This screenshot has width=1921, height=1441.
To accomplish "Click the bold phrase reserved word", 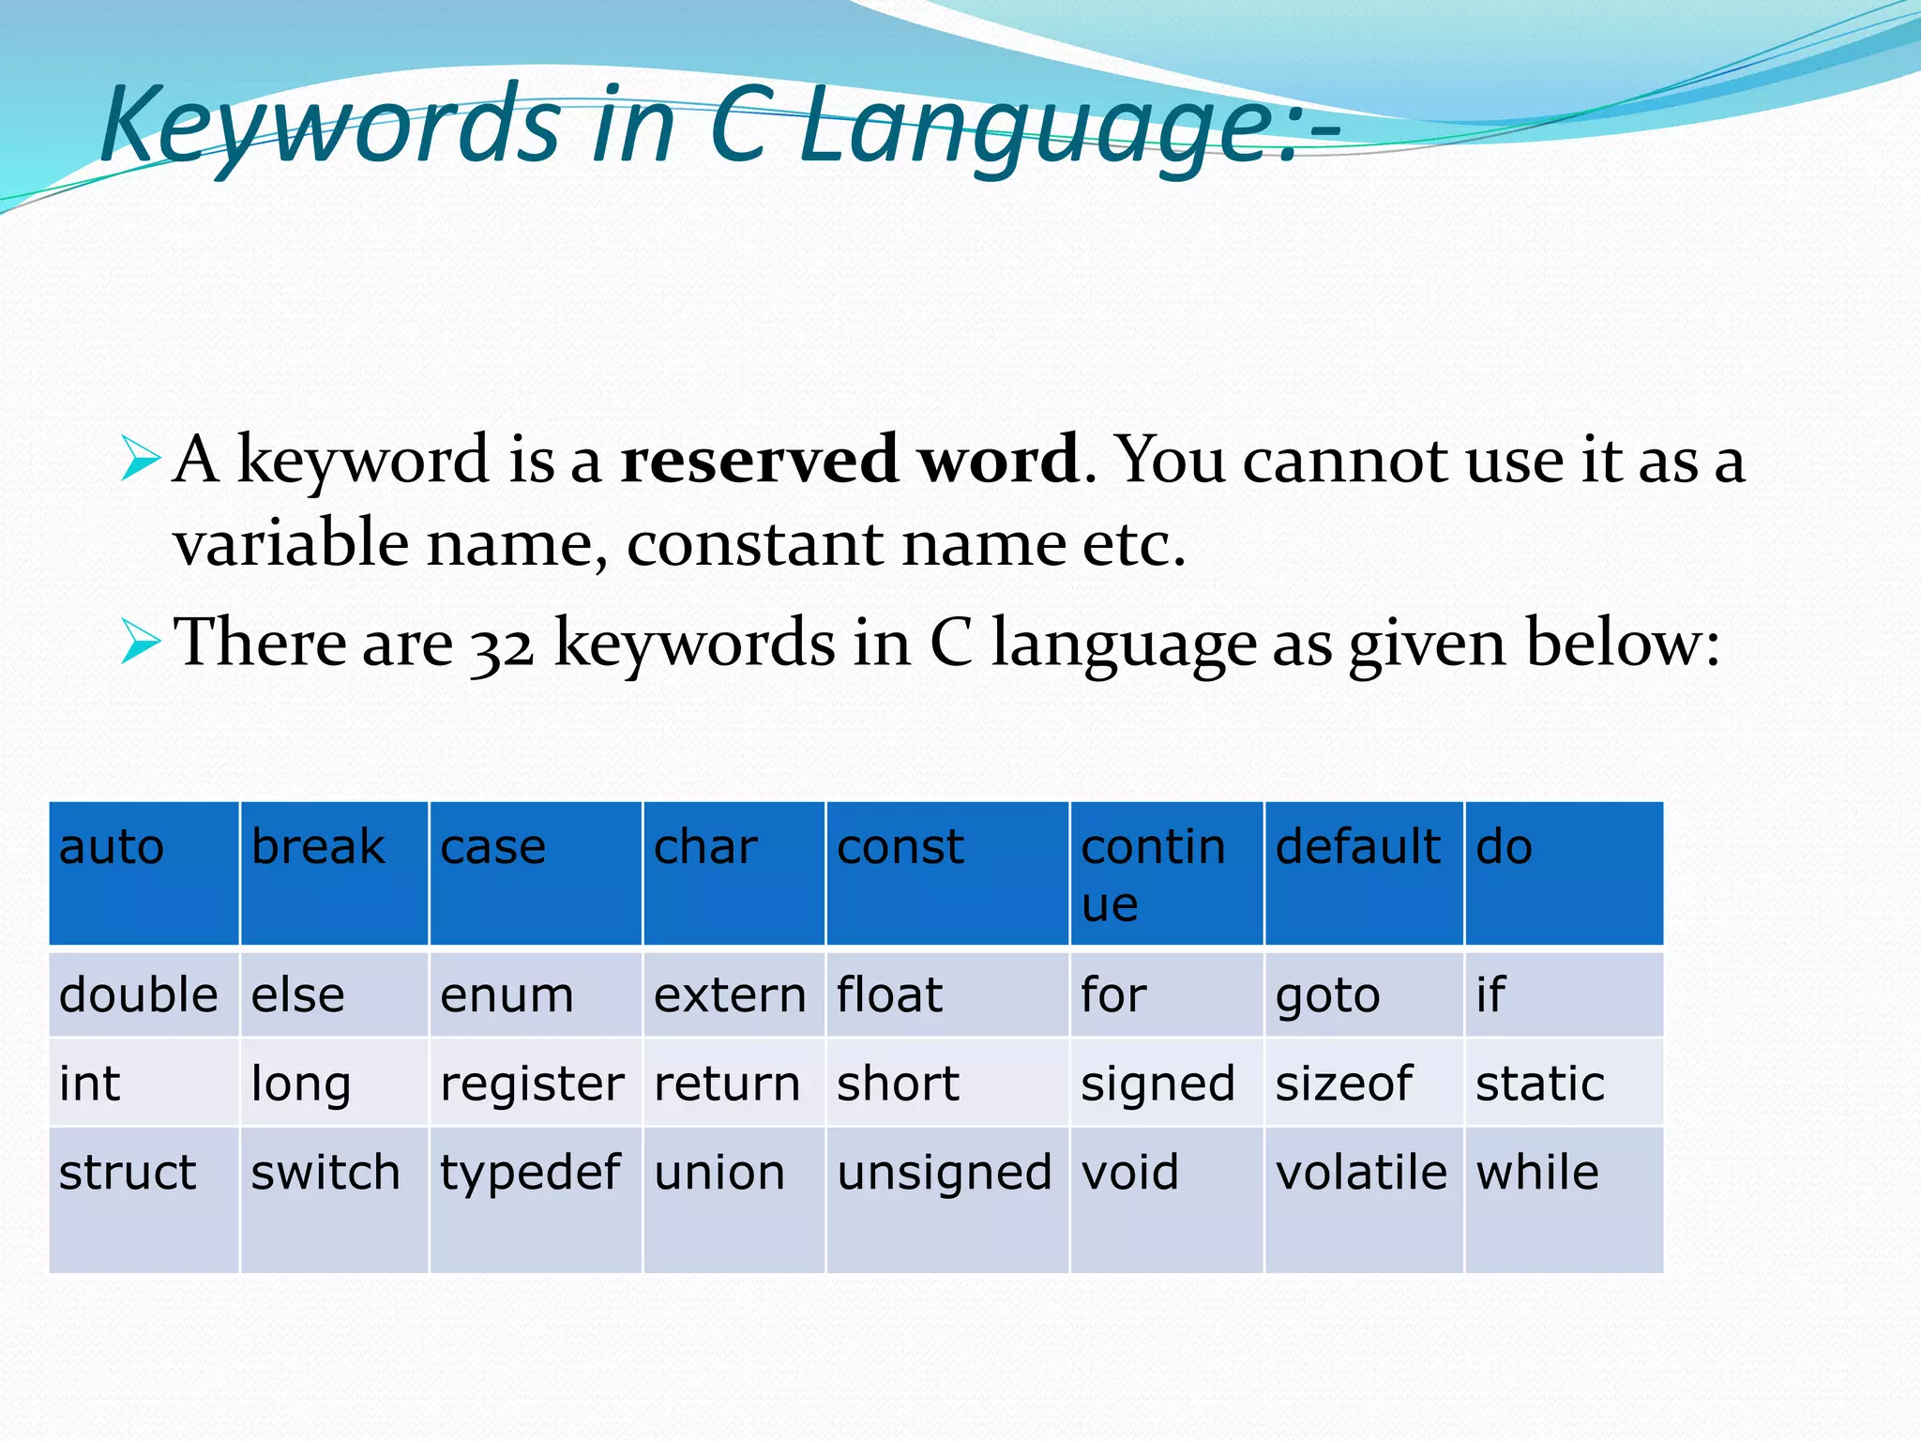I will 850,460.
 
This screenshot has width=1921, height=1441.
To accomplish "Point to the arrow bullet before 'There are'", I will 141,643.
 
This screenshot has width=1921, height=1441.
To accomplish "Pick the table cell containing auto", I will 144,872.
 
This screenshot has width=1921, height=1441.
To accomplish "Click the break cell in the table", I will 334,872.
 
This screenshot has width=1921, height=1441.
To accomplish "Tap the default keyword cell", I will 1363,872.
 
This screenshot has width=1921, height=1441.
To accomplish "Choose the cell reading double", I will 144,994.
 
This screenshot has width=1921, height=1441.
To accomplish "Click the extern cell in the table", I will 733,994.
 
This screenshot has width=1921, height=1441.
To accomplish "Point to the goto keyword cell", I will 1363,994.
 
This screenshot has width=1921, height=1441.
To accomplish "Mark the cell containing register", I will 535,1084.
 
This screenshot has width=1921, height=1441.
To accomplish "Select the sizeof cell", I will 1363,1084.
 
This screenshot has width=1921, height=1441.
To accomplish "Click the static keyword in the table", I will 1563,1084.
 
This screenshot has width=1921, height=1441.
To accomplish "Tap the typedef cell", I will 535,1199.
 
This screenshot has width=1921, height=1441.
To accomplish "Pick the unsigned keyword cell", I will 946,1199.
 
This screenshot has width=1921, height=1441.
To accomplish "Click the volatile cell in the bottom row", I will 1363,1199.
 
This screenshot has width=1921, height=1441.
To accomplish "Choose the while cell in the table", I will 1563,1199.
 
